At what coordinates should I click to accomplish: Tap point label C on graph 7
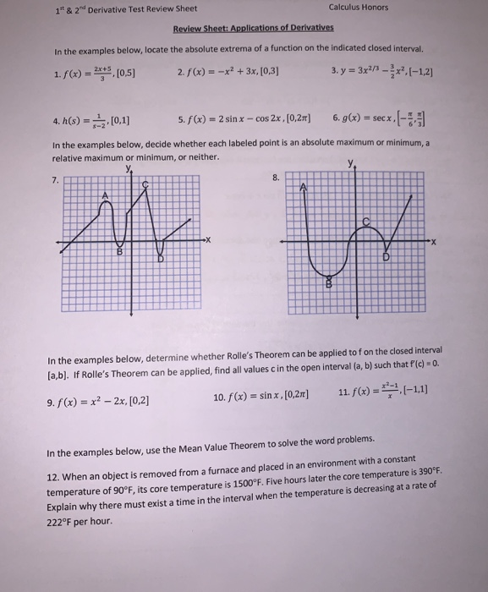coord(145,184)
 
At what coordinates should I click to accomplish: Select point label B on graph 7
coord(119,251)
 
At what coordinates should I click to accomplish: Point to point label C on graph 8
coord(366,222)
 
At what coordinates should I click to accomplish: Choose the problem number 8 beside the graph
coord(276,178)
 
